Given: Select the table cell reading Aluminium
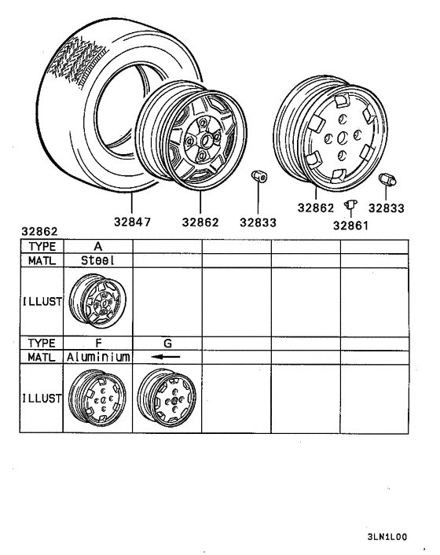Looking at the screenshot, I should click(x=97, y=357).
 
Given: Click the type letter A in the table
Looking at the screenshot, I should click(x=97, y=246).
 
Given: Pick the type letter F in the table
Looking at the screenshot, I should click(x=97, y=344).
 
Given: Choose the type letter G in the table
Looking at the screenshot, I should click(x=167, y=344).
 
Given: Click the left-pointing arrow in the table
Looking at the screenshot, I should click(x=167, y=357).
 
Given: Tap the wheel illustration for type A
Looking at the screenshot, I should click(x=97, y=303).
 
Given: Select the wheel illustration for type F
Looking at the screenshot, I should click(x=97, y=399).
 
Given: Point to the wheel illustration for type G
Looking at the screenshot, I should click(x=166, y=399).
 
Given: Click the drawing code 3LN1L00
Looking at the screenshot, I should click(x=387, y=537).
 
